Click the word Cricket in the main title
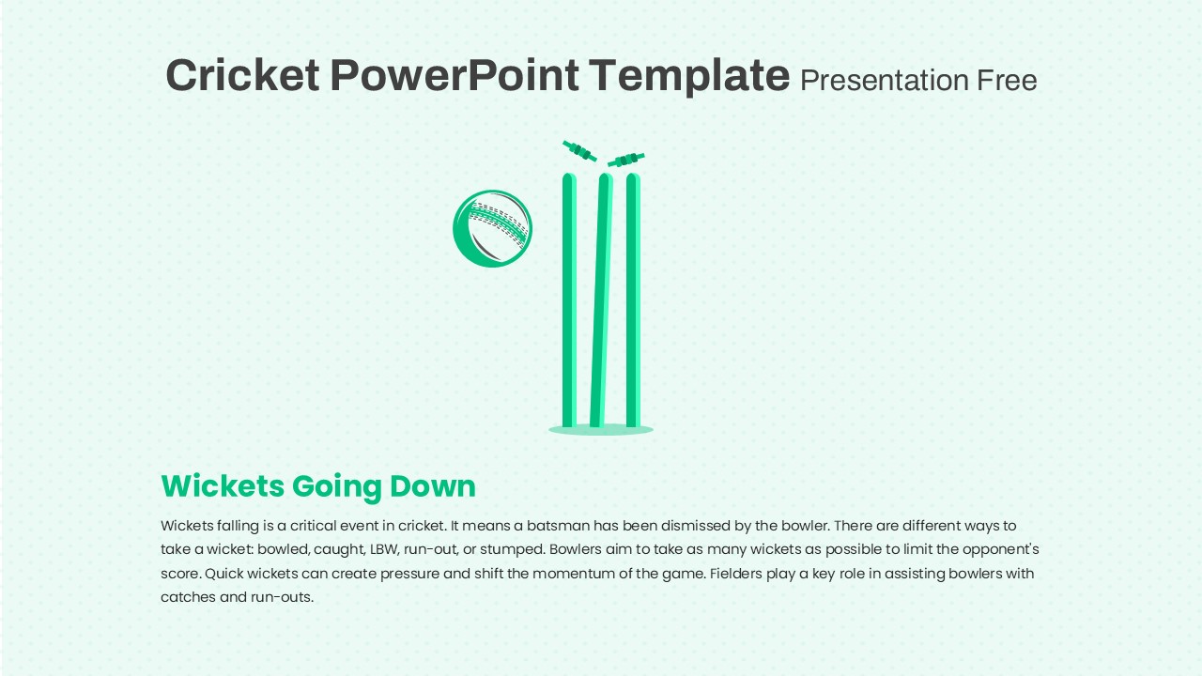(243, 75)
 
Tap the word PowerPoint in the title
(455, 75)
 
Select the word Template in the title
(689, 77)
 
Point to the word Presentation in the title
(884, 81)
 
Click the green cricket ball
(493, 228)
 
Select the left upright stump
(569, 300)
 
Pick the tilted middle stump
(601, 300)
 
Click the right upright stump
(633, 300)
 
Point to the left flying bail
(579, 151)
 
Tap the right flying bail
(626, 160)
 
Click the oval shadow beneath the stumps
(601, 429)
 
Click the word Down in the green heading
(433, 486)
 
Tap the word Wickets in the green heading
(223, 486)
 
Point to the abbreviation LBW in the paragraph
(384, 549)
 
